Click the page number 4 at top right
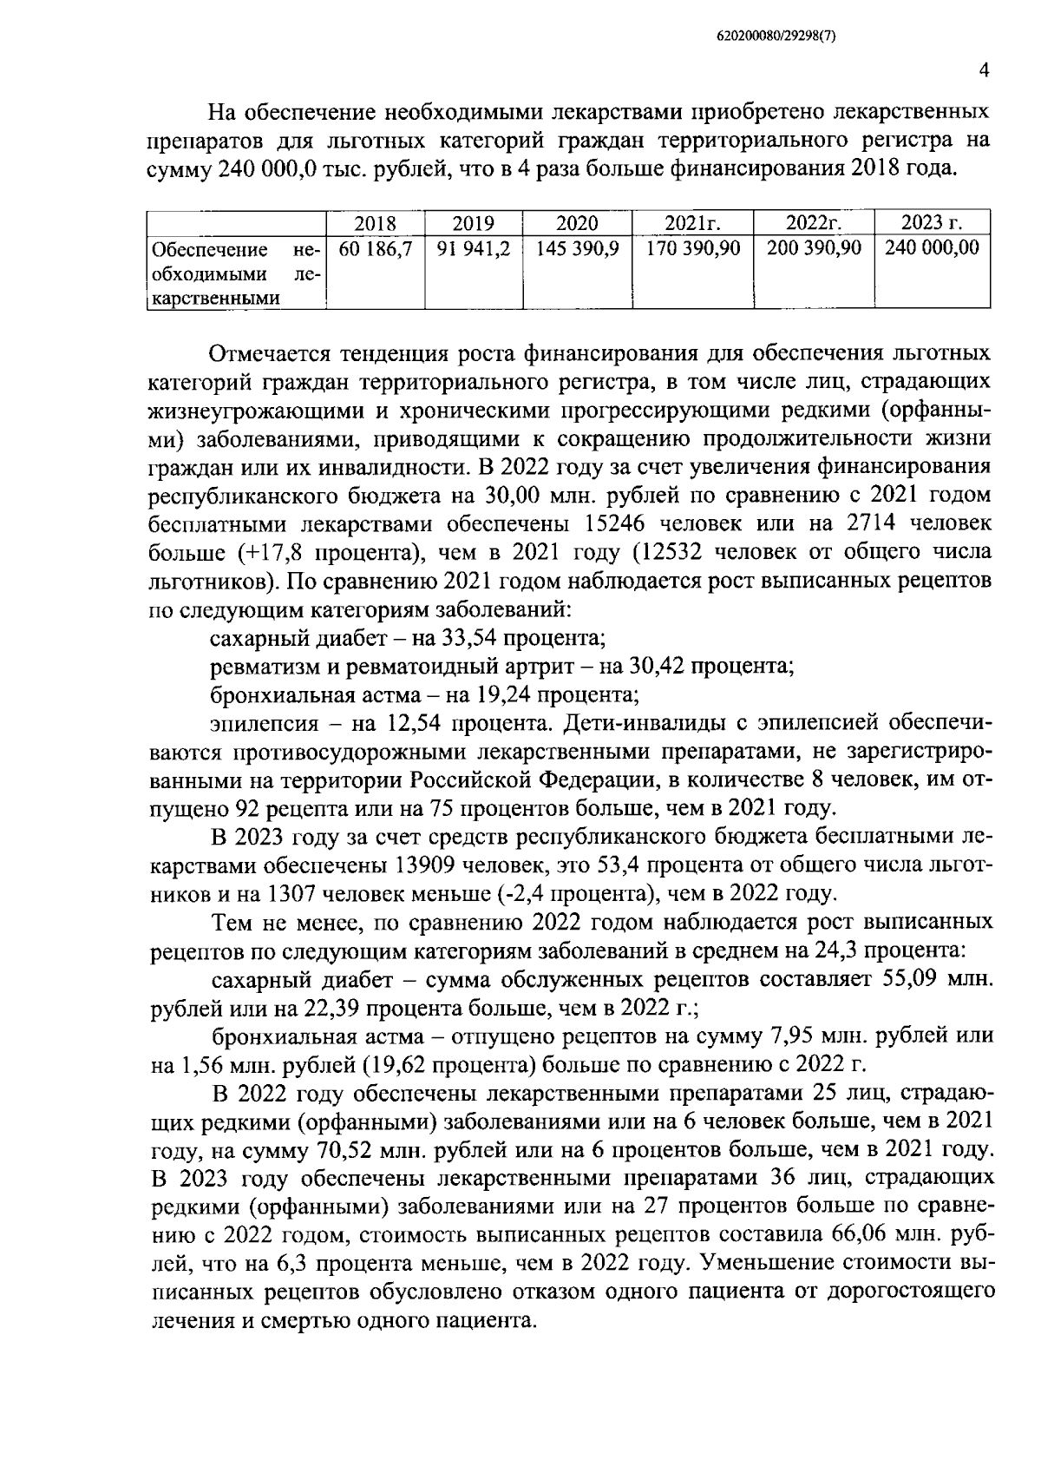(984, 72)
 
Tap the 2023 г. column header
(933, 223)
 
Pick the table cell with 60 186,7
(375, 249)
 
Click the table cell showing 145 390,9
(577, 249)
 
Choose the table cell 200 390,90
(814, 249)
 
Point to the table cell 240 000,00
(933, 249)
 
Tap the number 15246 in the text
(612, 524)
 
